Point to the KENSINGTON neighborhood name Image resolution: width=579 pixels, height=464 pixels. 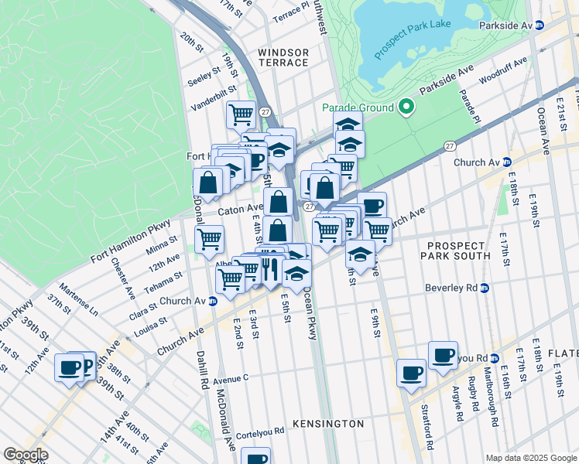click(x=328, y=424)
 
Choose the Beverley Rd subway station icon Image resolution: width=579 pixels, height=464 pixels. click(x=485, y=288)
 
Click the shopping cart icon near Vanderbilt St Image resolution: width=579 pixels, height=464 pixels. click(x=241, y=115)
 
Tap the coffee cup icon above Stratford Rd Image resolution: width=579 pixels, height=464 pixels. click(x=411, y=373)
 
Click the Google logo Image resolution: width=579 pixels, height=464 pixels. click(x=26, y=455)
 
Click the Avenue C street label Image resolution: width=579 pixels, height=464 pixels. click(x=231, y=379)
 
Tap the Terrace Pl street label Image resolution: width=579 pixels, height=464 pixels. click(x=290, y=15)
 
